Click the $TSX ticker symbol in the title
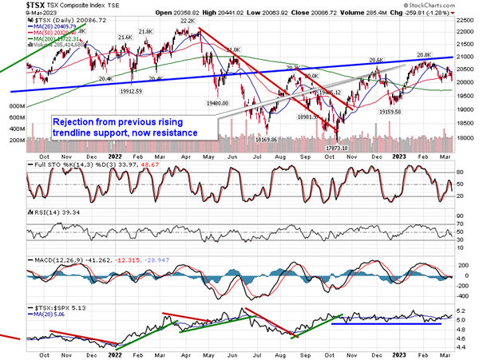(x=14, y=5)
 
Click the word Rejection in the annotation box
(x=74, y=122)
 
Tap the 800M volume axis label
(x=16, y=105)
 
